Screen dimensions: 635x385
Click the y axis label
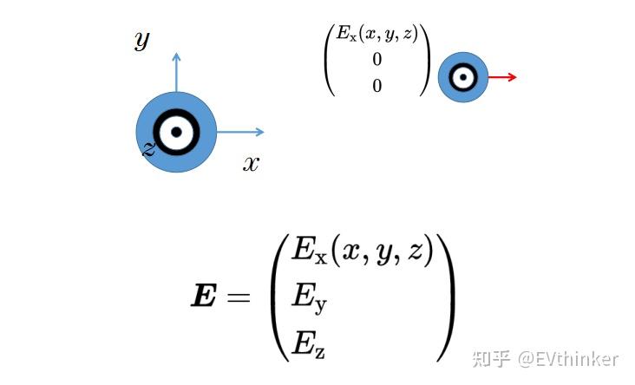(142, 40)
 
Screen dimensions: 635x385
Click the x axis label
(251, 163)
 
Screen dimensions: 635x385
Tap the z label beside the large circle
(148, 149)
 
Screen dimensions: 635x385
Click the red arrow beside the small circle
(502, 77)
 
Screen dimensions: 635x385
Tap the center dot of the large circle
(177, 132)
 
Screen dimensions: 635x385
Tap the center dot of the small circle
(463, 77)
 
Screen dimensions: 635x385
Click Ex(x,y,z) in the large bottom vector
(362, 253)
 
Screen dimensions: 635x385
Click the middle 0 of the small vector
(376, 60)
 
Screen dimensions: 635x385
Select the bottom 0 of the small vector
(376, 86)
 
